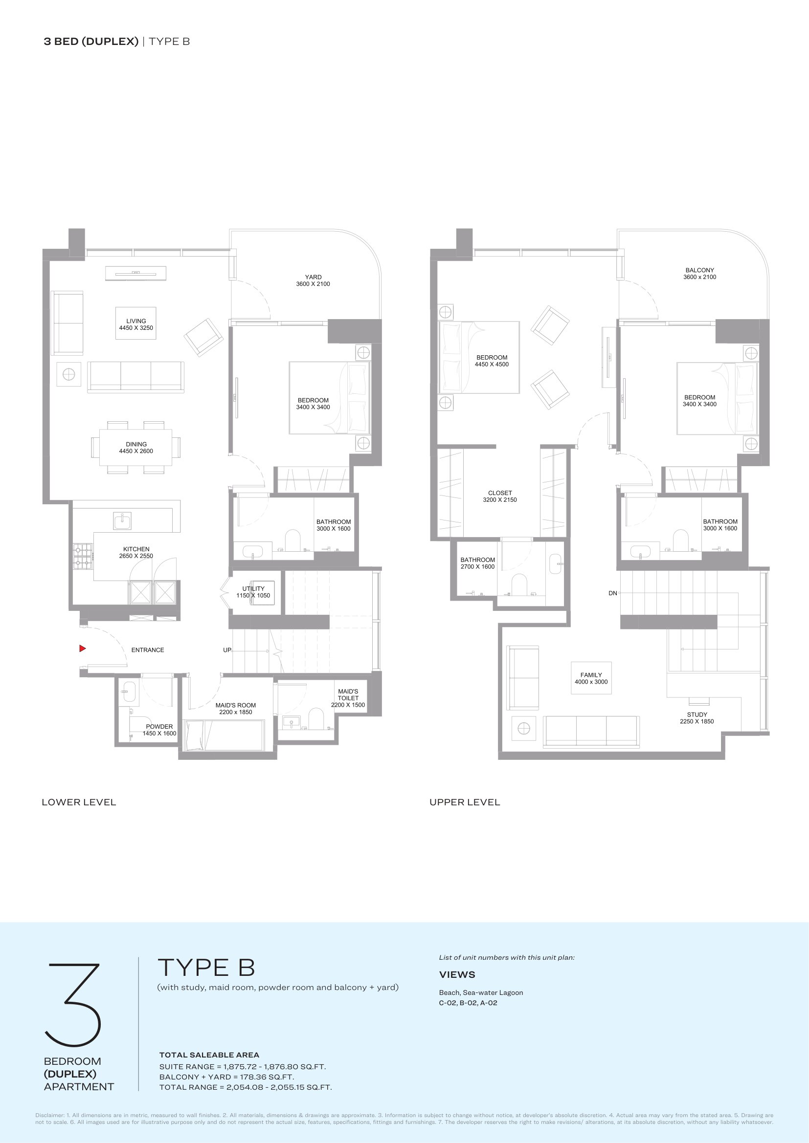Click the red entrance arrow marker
pos(83,648)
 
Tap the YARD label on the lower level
pos(314,277)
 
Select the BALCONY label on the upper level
pos(699,270)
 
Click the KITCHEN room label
pos(136,549)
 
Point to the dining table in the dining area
pos(136,448)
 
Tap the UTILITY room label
pos(253,588)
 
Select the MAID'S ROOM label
pos(236,706)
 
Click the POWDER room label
pos(159,726)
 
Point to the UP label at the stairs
pos(227,650)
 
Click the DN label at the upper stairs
pos(613,593)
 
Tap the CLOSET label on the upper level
pos(500,493)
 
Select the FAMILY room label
pos(591,675)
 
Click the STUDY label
pos(697,714)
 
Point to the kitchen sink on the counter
pos(122,521)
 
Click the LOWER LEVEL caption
pos(79,802)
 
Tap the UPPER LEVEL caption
pos(465,802)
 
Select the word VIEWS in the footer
pos(457,975)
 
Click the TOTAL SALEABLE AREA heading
pos(209,1055)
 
